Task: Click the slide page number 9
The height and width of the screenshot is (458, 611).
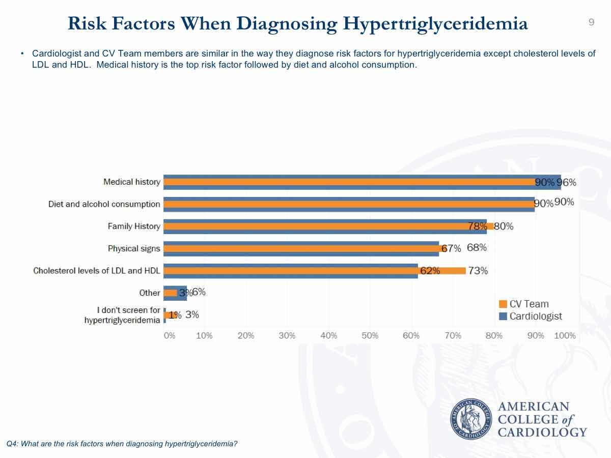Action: point(591,22)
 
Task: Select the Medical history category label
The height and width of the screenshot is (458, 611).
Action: point(132,182)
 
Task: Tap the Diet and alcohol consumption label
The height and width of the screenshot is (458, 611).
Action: point(104,204)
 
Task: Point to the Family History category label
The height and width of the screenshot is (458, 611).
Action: point(134,226)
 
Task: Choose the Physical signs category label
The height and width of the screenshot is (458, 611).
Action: point(134,248)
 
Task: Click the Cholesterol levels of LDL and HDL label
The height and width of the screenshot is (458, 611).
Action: point(97,270)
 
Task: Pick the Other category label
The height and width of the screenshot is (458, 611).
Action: point(150,293)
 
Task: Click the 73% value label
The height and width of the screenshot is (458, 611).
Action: point(478,271)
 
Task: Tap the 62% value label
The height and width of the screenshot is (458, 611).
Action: point(430,271)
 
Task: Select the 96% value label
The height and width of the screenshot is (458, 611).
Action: point(566,182)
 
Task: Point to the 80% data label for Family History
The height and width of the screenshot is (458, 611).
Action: point(504,226)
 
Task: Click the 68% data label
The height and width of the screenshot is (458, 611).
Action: point(477,248)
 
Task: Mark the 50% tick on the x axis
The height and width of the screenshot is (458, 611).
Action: point(370,336)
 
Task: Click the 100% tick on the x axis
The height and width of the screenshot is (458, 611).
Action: point(565,336)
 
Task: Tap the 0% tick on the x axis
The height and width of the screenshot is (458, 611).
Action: point(169,336)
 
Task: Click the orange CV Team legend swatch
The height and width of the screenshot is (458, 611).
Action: point(503,304)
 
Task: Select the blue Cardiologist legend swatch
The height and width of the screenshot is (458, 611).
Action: point(503,317)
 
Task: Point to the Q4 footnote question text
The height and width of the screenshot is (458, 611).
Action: point(122,444)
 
